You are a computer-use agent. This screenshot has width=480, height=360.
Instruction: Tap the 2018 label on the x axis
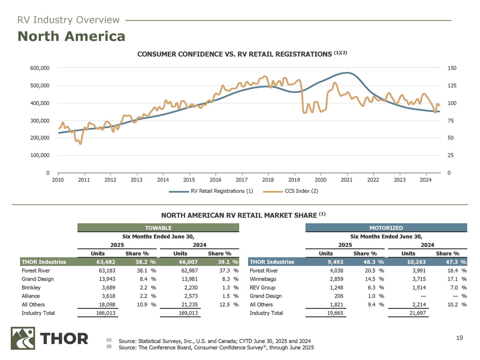pyautogui.click(x=268, y=180)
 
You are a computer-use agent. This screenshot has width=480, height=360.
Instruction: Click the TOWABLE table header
pyautogui.click(x=158, y=228)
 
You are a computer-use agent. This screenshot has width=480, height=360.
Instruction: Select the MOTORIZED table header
pyautogui.click(x=387, y=228)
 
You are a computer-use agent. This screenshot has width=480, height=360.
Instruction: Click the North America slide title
pyautogui.click(x=72, y=36)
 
